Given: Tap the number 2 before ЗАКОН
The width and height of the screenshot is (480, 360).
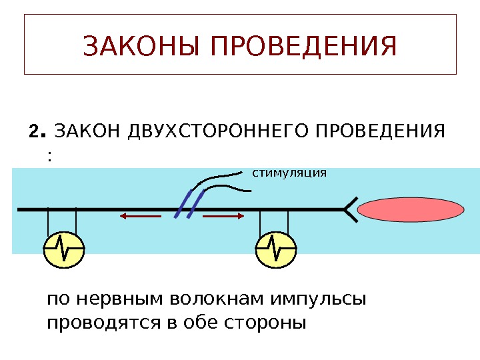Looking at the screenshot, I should click(x=34, y=129).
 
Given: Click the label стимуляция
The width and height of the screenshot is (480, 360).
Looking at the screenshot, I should click(x=289, y=173).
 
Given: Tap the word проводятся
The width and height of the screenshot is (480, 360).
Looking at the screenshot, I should click(x=98, y=323).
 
